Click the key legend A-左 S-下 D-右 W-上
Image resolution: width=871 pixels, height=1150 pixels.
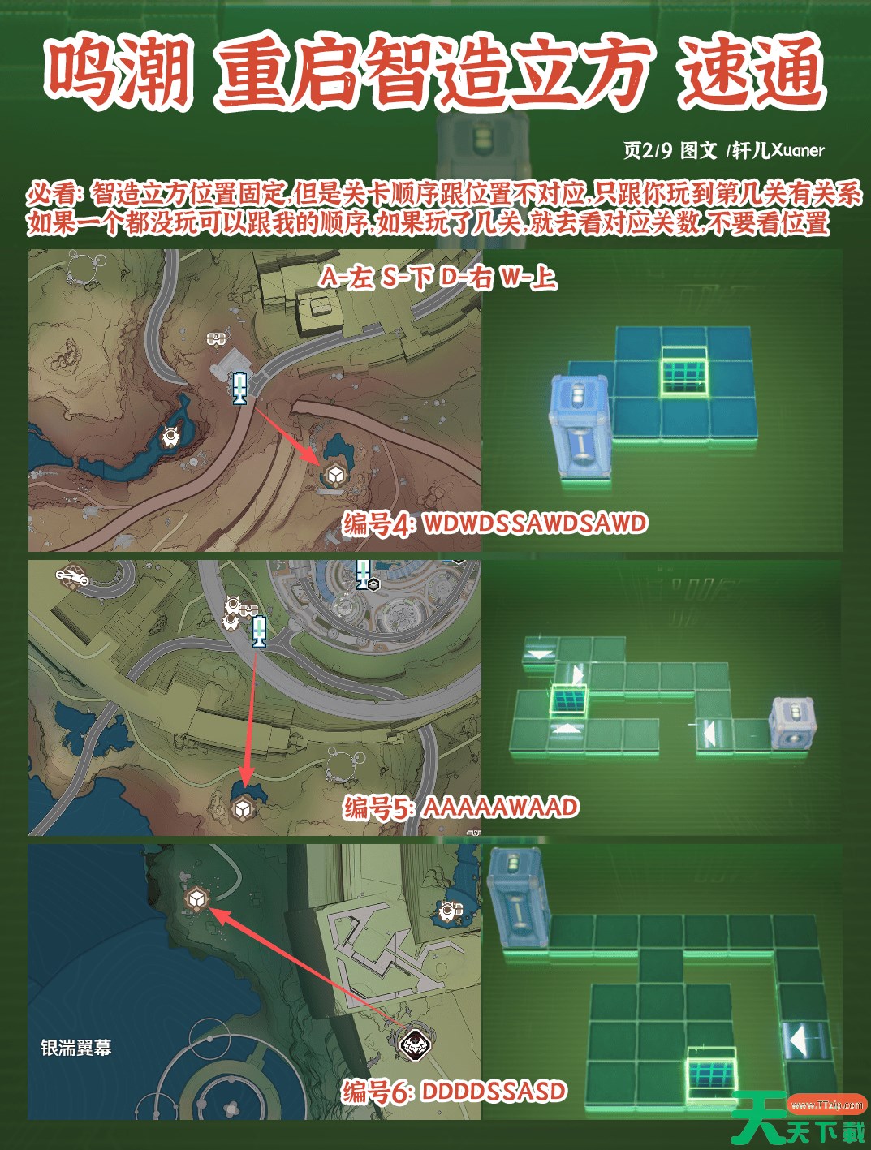(x=438, y=278)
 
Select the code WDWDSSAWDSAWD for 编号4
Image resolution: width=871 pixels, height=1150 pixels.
(x=535, y=523)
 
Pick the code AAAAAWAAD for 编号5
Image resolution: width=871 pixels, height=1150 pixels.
(x=501, y=808)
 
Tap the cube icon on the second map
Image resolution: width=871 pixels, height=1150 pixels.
(x=242, y=809)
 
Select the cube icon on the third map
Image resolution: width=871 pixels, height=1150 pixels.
(x=197, y=900)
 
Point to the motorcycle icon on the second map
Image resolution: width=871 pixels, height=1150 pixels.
(x=72, y=575)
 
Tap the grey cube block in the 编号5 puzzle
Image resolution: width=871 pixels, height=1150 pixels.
(x=792, y=722)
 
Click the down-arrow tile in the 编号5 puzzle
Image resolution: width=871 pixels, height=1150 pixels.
(x=539, y=653)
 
